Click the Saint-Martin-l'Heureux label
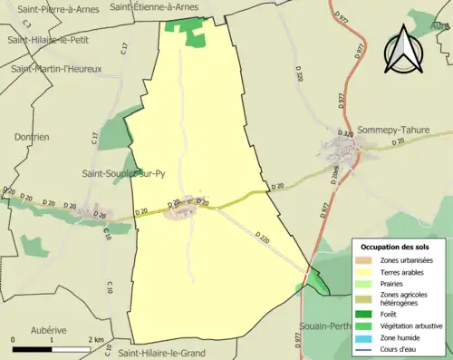click(x=56, y=68)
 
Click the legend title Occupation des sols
click(x=394, y=246)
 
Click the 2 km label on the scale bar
click(x=95, y=339)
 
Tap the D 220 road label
click(x=261, y=239)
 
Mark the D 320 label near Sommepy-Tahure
click(x=346, y=134)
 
